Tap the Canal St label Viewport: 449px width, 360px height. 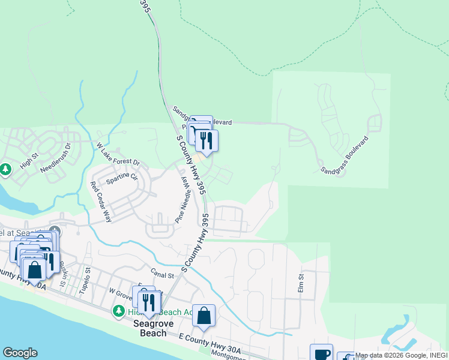[x=161, y=274]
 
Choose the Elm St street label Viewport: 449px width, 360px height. [x=301, y=283]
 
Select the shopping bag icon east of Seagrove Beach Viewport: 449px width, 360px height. [x=204, y=316]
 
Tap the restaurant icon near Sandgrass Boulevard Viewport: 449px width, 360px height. [x=206, y=140]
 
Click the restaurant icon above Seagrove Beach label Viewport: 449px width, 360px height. [x=147, y=302]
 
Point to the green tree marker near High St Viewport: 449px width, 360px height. [x=6, y=170]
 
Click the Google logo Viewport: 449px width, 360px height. [x=20, y=353]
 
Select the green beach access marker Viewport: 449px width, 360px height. [x=119, y=311]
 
